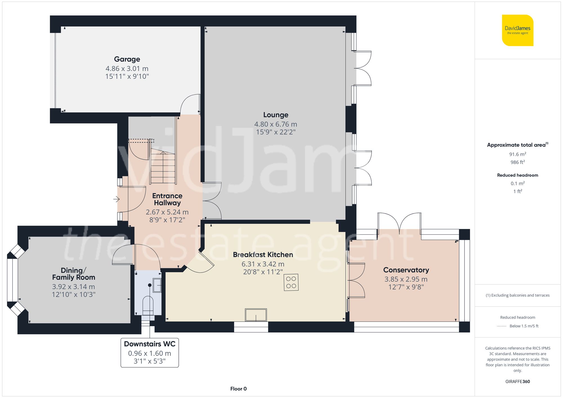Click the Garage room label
tap(127, 59)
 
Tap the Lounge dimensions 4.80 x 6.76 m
tap(276, 124)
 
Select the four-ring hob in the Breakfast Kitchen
tap(291, 282)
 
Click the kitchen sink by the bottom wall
tap(256, 315)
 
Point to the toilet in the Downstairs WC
tap(148, 305)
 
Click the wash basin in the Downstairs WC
tap(157, 285)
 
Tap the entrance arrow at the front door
tap(117, 199)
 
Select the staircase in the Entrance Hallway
tap(163, 166)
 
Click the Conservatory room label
tap(406, 270)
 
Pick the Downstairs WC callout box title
tap(149, 344)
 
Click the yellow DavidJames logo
tap(517, 30)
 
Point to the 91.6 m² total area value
tap(517, 154)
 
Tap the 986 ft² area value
tap(517, 162)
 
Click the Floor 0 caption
tap(238, 389)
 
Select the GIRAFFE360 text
tap(517, 382)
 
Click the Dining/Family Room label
tap(73, 274)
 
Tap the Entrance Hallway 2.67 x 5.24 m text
tap(167, 212)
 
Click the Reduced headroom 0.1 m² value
tap(517, 183)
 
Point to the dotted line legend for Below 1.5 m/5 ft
tap(502, 326)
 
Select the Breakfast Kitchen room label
tap(263, 255)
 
